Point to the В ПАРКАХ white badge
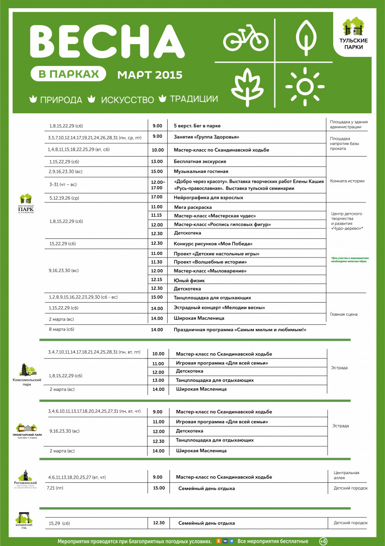[x=69, y=74]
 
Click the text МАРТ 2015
[x=150, y=74]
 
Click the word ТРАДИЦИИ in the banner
[x=194, y=99]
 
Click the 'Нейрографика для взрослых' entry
[x=208, y=197]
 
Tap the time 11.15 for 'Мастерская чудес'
[x=157, y=215]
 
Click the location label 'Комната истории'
[x=347, y=181]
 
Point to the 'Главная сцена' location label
[x=344, y=314]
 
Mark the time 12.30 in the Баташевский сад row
[x=159, y=523]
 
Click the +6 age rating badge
[x=323, y=541]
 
